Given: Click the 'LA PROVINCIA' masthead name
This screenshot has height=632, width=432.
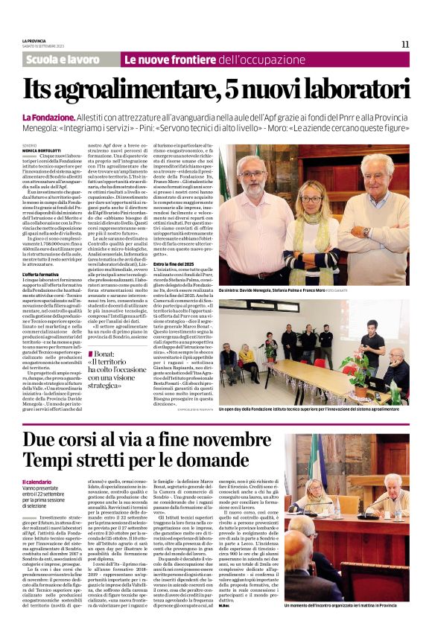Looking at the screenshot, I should [33, 41].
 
